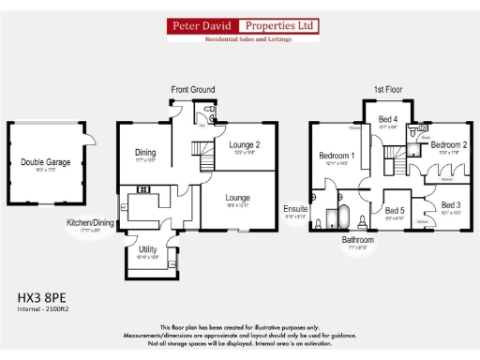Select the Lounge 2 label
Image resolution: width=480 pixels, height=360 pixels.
coord(243,144)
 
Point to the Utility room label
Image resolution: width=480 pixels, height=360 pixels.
coord(148,248)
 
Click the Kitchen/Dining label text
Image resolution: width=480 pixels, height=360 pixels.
coord(90,222)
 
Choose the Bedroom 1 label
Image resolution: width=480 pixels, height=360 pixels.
coord(336,156)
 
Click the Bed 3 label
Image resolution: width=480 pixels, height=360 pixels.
coord(452,204)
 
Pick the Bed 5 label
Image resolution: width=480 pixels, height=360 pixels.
coord(395,211)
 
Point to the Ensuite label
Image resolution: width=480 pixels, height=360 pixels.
coord(295,209)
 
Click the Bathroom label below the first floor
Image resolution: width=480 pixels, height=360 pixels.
coord(357,240)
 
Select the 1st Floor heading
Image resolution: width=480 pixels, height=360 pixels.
coord(386,90)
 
